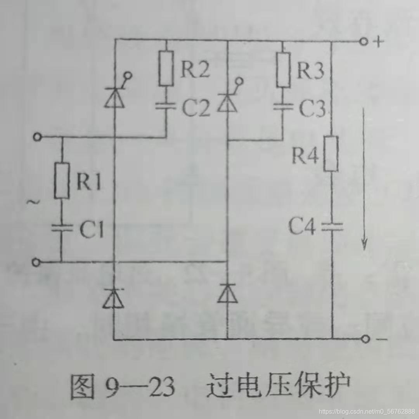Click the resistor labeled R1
tap(61, 181)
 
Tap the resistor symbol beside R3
tap(283, 70)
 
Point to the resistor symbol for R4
tap(331, 153)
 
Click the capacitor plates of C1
tap(61, 228)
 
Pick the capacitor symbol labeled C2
tap(166, 107)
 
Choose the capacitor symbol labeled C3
tap(283, 107)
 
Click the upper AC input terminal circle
tap(37, 137)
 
